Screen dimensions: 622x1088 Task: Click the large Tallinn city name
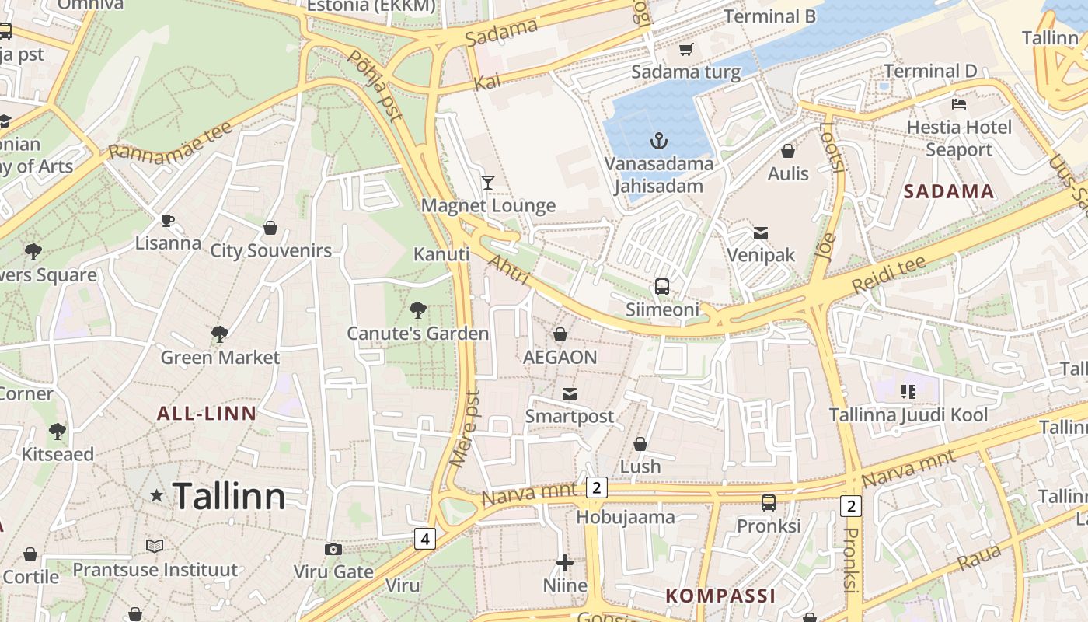(228, 496)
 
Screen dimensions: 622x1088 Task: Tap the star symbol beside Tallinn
(157, 495)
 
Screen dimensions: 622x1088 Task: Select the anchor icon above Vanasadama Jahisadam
(659, 141)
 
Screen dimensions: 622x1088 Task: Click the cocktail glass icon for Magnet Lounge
(488, 183)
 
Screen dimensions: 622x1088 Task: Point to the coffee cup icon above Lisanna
(168, 221)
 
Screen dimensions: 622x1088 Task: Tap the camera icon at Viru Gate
(333, 550)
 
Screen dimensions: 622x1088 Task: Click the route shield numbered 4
(424, 538)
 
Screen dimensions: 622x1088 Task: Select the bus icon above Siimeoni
(662, 287)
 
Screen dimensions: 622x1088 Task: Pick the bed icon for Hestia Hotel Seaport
(959, 103)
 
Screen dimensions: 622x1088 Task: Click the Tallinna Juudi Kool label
(908, 414)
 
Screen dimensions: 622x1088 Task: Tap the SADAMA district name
(949, 191)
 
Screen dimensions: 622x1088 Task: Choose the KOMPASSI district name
(720, 596)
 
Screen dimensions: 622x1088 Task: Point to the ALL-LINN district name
(207, 413)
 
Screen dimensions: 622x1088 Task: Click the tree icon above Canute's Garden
(418, 310)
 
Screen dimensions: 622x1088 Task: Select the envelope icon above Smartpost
(570, 393)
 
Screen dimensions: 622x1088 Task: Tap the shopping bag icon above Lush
(640, 444)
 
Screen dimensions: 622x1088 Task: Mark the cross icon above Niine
(565, 562)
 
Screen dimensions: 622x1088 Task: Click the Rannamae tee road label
(171, 141)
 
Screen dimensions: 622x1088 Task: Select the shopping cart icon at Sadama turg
(685, 50)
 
